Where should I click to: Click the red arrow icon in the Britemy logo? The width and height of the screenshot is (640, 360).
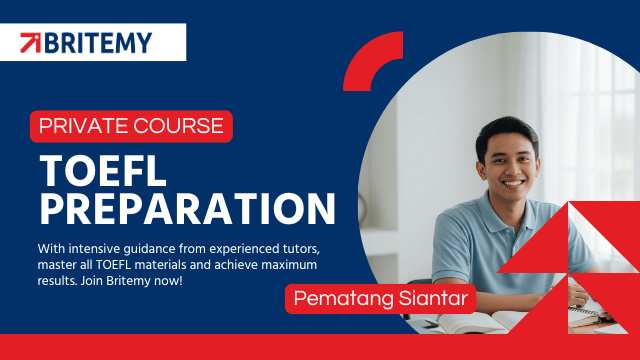click(x=31, y=43)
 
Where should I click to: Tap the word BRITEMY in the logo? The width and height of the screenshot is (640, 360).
click(x=98, y=43)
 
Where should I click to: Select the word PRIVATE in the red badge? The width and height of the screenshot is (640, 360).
click(x=84, y=126)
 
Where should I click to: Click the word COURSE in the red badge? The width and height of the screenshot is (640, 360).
click(x=178, y=126)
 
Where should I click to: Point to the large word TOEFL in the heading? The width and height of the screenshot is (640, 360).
click(x=103, y=171)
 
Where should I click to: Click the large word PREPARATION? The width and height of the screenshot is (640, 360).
click(x=187, y=209)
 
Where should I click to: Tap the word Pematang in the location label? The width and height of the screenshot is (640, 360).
click(x=344, y=299)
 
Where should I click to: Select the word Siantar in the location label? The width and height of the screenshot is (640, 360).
click(x=433, y=298)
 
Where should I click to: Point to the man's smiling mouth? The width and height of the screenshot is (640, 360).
click(x=512, y=183)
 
